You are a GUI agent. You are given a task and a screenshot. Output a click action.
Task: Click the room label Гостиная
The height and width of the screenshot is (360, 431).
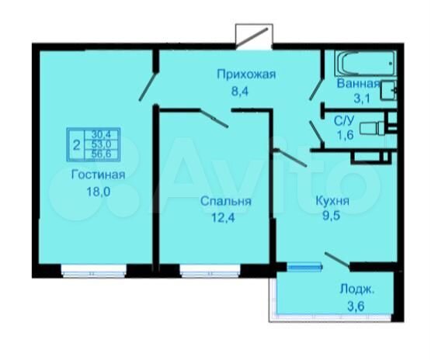point(94,174)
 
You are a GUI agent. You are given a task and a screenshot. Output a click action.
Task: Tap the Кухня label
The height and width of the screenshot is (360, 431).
point(332,201)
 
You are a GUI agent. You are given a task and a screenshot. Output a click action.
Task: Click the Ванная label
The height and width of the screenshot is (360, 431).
point(357,83)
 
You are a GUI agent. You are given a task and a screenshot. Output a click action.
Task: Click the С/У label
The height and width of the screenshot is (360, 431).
point(345,120)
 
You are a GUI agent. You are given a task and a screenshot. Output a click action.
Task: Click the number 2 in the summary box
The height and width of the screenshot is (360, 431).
point(75,143)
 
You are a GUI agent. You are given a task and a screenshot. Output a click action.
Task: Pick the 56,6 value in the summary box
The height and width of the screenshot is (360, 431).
point(100,153)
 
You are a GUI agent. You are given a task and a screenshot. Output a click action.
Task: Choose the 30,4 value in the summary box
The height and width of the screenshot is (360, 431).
point(100,133)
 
